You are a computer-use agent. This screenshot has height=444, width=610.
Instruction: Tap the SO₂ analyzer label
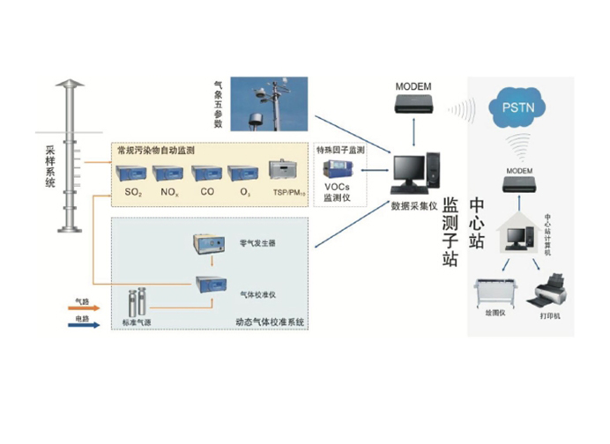pyautogui.click(x=133, y=192)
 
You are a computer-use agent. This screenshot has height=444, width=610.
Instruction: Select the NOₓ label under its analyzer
pyautogui.click(x=170, y=192)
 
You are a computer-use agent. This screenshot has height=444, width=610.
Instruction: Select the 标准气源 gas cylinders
pyautogui.click(x=137, y=304)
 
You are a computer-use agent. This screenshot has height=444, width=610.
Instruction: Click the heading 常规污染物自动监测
pyautogui.click(x=156, y=151)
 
